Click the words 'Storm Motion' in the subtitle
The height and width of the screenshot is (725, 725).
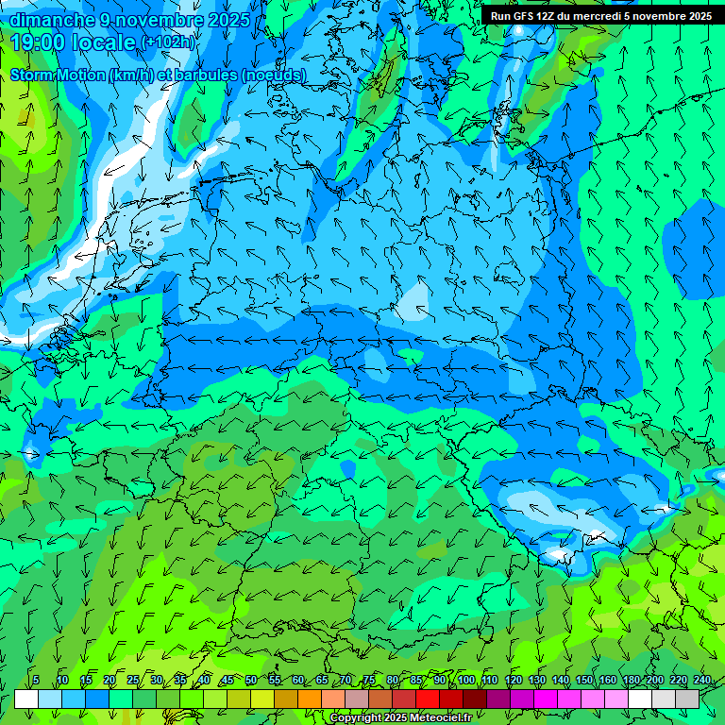[58, 75]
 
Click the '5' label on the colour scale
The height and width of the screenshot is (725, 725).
[35, 681]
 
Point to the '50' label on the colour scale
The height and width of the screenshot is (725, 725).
[250, 681]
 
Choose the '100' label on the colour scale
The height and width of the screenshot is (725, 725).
[465, 681]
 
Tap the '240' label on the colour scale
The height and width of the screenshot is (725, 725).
[701, 681]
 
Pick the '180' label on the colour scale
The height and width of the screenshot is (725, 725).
[631, 681]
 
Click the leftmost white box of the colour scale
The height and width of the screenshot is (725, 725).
[26, 699]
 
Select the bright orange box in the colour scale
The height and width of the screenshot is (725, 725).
[310, 699]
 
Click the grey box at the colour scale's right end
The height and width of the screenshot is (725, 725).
[687, 699]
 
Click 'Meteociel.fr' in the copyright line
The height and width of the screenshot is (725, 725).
[443, 718]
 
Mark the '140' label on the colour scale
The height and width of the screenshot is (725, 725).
[560, 681]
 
